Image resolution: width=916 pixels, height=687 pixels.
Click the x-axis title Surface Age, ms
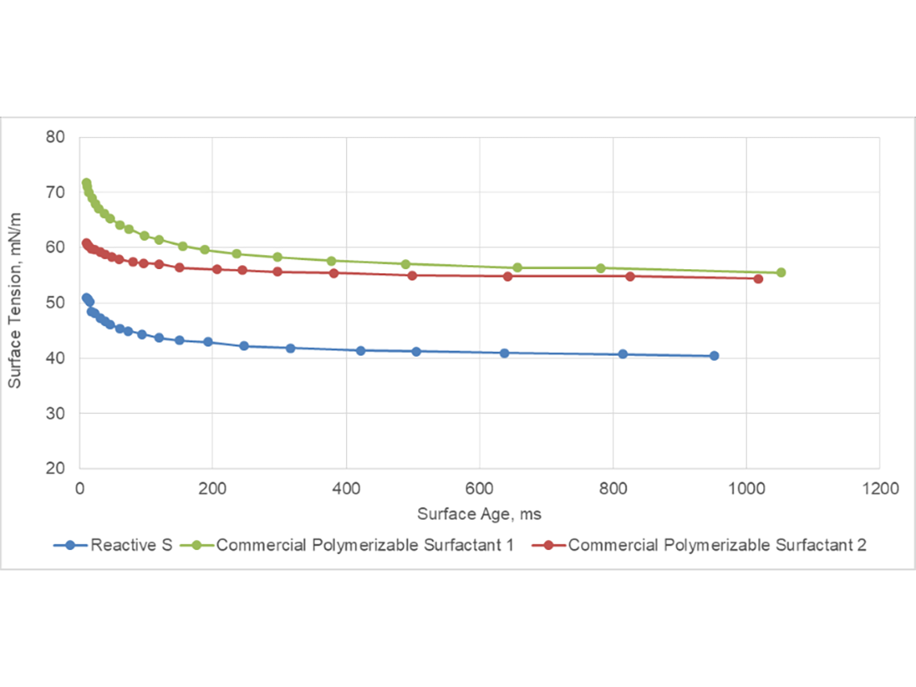click(479, 514)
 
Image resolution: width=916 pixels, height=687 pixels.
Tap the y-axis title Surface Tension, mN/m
click(15, 303)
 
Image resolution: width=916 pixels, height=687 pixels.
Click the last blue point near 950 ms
click(714, 355)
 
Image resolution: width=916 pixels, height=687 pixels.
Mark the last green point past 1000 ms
click(781, 272)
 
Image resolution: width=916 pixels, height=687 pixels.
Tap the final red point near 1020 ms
click(758, 279)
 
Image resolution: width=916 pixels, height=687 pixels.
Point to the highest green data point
click(86, 183)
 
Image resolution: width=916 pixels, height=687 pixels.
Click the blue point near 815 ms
click(622, 354)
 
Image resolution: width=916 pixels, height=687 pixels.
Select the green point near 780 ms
click(600, 268)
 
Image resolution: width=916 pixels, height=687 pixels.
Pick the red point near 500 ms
click(413, 275)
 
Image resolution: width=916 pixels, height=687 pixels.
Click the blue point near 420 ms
click(360, 351)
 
